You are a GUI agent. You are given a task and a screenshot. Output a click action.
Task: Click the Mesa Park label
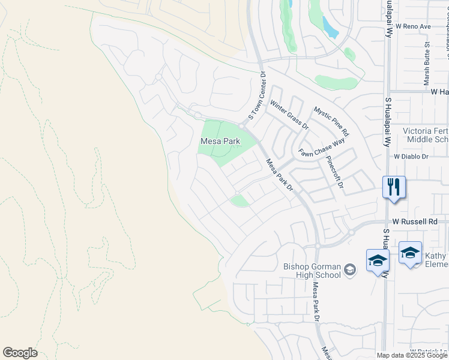tap(220, 142)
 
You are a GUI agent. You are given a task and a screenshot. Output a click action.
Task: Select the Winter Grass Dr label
tap(289, 115)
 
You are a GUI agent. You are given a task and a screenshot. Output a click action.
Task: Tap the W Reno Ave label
tap(409, 27)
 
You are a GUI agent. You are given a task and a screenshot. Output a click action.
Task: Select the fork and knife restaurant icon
tap(394, 187)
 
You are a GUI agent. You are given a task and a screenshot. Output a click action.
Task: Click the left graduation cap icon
tap(378, 261)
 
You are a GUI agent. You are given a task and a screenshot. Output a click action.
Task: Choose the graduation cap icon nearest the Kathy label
tap(410, 253)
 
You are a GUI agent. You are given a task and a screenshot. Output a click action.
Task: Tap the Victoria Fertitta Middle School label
tap(425, 135)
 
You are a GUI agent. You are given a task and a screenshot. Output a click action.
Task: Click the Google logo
tap(20, 353)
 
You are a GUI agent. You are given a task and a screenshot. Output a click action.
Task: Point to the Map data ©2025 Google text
tap(412, 355)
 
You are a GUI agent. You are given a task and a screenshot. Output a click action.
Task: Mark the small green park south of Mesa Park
tap(240, 201)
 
